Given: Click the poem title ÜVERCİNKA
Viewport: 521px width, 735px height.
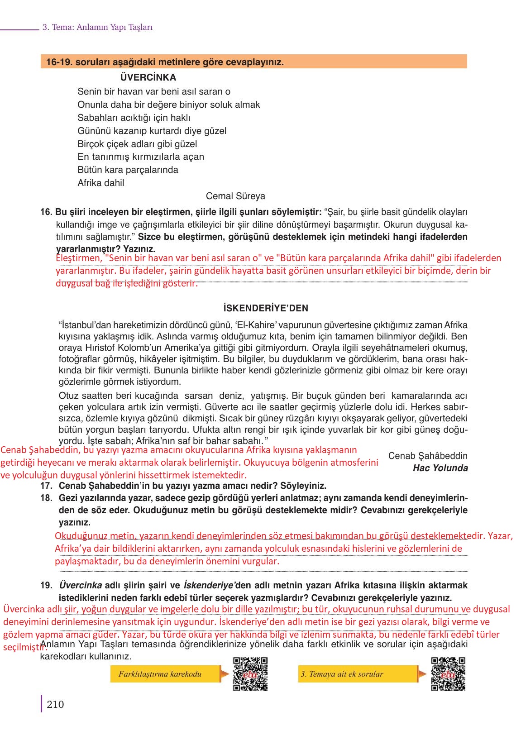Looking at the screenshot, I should [x=148, y=77].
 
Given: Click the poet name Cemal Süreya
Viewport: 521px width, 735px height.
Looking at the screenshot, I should [x=235, y=196].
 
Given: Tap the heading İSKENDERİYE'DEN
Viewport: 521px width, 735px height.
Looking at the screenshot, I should [x=266, y=308].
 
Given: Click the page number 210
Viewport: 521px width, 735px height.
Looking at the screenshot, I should [x=55, y=704].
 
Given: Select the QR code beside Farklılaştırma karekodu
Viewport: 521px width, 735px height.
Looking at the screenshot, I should [x=250, y=674].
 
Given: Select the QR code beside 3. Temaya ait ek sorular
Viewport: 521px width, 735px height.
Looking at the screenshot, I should [x=448, y=674].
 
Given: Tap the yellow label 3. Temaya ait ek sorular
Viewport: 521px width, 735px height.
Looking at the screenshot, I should [x=342, y=674].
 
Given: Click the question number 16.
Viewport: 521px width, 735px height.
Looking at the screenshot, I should [x=46, y=212].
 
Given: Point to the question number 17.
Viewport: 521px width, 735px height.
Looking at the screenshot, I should [x=46, y=486].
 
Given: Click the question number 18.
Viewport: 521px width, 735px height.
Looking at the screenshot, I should [x=46, y=498].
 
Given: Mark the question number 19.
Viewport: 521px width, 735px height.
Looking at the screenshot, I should [x=46, y=585].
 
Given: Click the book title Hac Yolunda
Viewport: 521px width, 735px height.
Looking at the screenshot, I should [x=440, y=468].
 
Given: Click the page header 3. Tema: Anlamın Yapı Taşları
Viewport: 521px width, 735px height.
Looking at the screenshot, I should [x=97, y=27].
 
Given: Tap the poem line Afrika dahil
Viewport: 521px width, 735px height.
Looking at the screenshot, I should [x=100, y=183].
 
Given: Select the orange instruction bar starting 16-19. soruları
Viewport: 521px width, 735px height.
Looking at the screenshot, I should [x=253, y=62].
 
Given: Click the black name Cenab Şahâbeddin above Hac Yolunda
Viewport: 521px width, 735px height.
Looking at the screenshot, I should [x=428, y=456].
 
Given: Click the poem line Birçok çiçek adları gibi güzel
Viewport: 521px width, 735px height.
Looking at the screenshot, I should [x=137, y=144].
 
